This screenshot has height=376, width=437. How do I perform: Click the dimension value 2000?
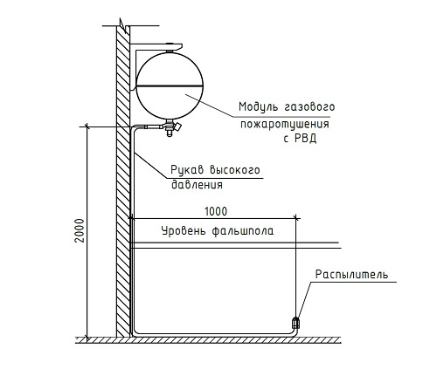80,230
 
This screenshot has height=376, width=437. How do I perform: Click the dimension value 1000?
216,211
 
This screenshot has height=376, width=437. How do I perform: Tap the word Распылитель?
351,274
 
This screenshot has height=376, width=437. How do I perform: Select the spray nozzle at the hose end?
295,322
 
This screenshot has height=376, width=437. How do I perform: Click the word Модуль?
258,106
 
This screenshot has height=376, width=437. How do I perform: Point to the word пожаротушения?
285,124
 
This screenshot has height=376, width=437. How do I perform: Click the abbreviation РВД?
305,138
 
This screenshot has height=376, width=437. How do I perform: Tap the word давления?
197,185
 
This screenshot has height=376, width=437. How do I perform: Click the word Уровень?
184,231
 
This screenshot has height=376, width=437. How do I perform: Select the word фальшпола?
243,231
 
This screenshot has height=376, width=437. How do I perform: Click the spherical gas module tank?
170,85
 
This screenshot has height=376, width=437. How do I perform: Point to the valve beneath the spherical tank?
171,127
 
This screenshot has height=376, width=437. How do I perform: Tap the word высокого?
235,170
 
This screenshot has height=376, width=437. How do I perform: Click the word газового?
309,106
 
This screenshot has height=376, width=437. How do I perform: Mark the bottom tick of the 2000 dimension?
87,338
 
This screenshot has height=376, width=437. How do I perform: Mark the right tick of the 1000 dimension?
295,218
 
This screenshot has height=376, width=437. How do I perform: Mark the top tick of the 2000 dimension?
87,126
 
